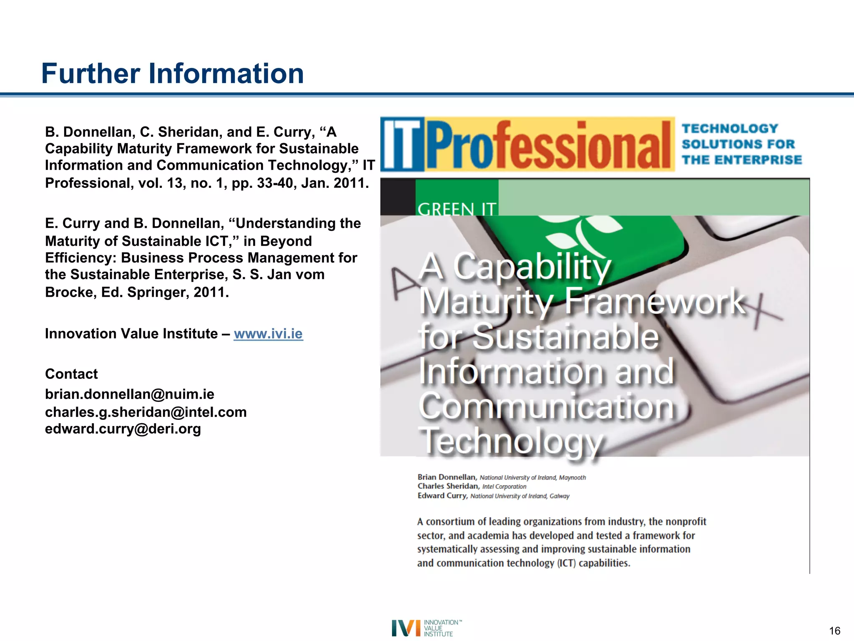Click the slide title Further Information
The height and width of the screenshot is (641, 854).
point(172,73)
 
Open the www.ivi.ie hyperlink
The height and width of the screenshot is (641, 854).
point(268,334)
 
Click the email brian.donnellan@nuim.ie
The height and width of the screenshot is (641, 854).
point(130,394)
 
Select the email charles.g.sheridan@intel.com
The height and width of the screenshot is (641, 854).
point(146,412)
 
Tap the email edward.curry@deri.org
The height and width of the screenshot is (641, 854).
point(123,429)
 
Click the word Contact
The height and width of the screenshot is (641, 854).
point(71,374)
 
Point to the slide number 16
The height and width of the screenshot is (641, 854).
point(834,631)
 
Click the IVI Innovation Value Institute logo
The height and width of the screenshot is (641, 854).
point(427,628)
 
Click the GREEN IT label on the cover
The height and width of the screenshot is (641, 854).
point(457,209)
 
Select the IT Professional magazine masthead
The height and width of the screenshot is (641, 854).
point(527,144)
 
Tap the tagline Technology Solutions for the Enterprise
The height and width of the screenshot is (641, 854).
point(741,144)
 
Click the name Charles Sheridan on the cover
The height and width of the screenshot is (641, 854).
point(448,486)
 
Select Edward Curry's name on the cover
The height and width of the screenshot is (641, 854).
point(442,496)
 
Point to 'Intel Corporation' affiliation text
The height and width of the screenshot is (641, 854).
point(504,487)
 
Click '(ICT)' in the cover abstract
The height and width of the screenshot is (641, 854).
point(566,563)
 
